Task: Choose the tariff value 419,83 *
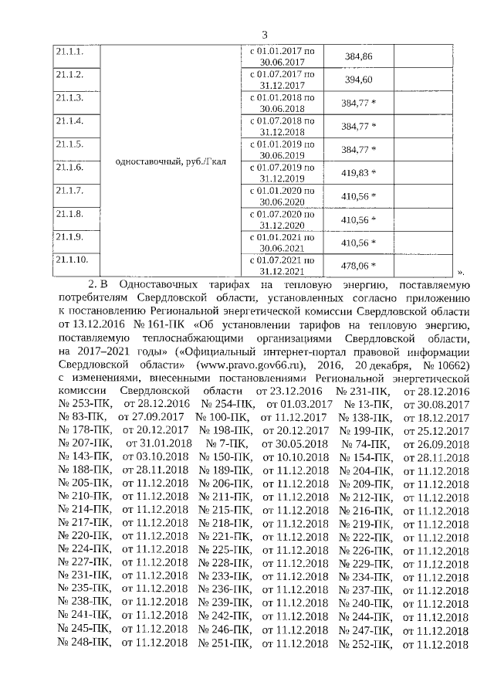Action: pos(359,172)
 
